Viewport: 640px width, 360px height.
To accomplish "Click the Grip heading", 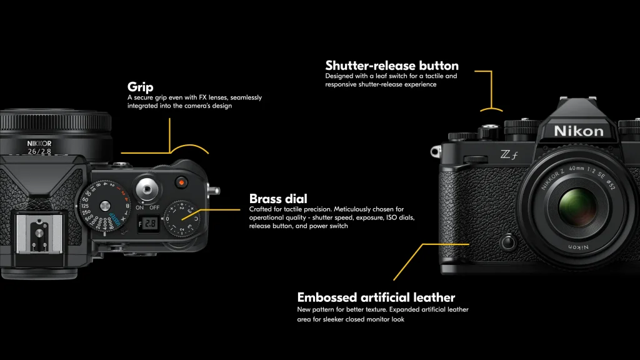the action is coord(141,87).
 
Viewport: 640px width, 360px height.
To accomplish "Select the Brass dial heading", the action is coord(278,199).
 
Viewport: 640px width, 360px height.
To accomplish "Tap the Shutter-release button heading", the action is coord(392,65).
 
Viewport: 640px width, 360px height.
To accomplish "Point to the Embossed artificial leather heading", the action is coord(376,297).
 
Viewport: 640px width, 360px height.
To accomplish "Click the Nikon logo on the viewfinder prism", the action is coord(578,131).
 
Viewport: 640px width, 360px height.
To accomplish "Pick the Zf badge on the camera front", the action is coord(509,155).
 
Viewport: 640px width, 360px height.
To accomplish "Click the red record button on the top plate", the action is coord(181,182).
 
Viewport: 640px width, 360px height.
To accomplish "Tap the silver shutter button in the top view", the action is coord(147,189).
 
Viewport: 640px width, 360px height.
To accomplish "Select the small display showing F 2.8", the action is coord(147,223).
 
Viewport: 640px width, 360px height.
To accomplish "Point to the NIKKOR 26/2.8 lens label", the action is coord(39,147).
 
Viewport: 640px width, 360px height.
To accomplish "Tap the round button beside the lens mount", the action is coord(508,242).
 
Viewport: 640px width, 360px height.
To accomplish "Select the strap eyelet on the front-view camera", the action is coord(436,152).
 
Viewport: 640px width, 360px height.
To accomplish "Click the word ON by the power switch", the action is coord(139,207).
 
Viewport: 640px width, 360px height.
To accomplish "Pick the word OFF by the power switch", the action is coord(154,207).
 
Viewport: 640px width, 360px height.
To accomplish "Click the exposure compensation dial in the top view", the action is coord(182,218).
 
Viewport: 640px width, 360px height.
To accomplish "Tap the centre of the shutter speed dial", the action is coord(105,205).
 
